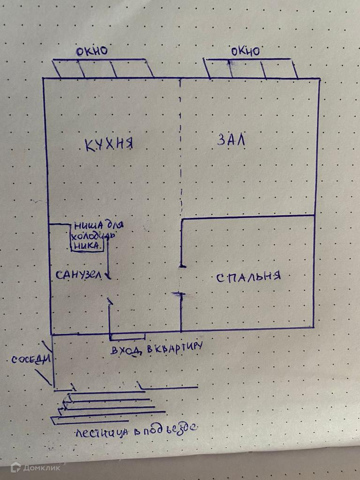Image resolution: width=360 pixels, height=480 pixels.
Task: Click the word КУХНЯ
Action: coord(109,143)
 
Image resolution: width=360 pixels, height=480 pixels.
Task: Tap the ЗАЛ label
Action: coord(232,140)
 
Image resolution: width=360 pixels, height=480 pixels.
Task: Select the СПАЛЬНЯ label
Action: coord(248,277)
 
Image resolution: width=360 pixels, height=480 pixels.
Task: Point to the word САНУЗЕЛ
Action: coord(78,275)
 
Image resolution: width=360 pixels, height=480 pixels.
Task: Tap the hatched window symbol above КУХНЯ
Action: coord(103,68)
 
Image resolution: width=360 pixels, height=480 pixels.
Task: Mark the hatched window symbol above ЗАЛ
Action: coord(252,68)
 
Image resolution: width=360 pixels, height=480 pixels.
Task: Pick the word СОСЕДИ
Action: coord(30,360)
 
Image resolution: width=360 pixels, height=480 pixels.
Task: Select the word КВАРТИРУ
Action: coord(176,348)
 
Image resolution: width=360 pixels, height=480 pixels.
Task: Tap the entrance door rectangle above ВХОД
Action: coord(127,337)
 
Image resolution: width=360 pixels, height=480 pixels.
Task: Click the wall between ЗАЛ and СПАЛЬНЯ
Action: coord(247,217)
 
